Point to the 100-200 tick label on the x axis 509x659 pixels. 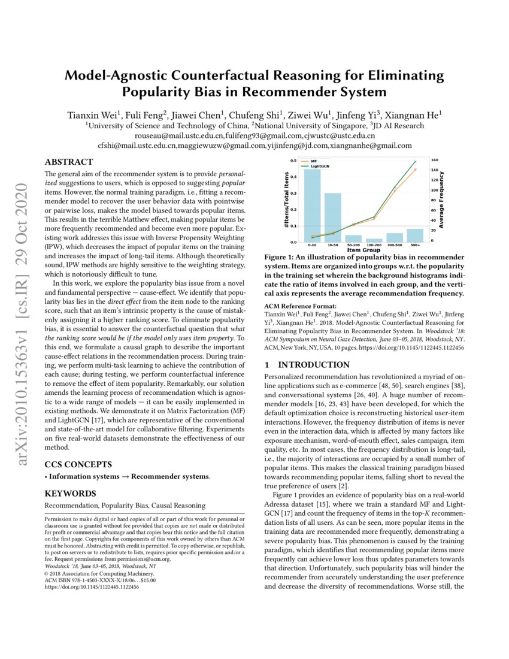click(374, 246)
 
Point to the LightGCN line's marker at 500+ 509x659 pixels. click(415, 162)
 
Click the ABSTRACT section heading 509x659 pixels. click(69, 162)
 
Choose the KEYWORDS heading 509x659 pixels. click(71, 494)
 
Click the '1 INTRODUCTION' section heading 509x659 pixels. click(306, 365)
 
